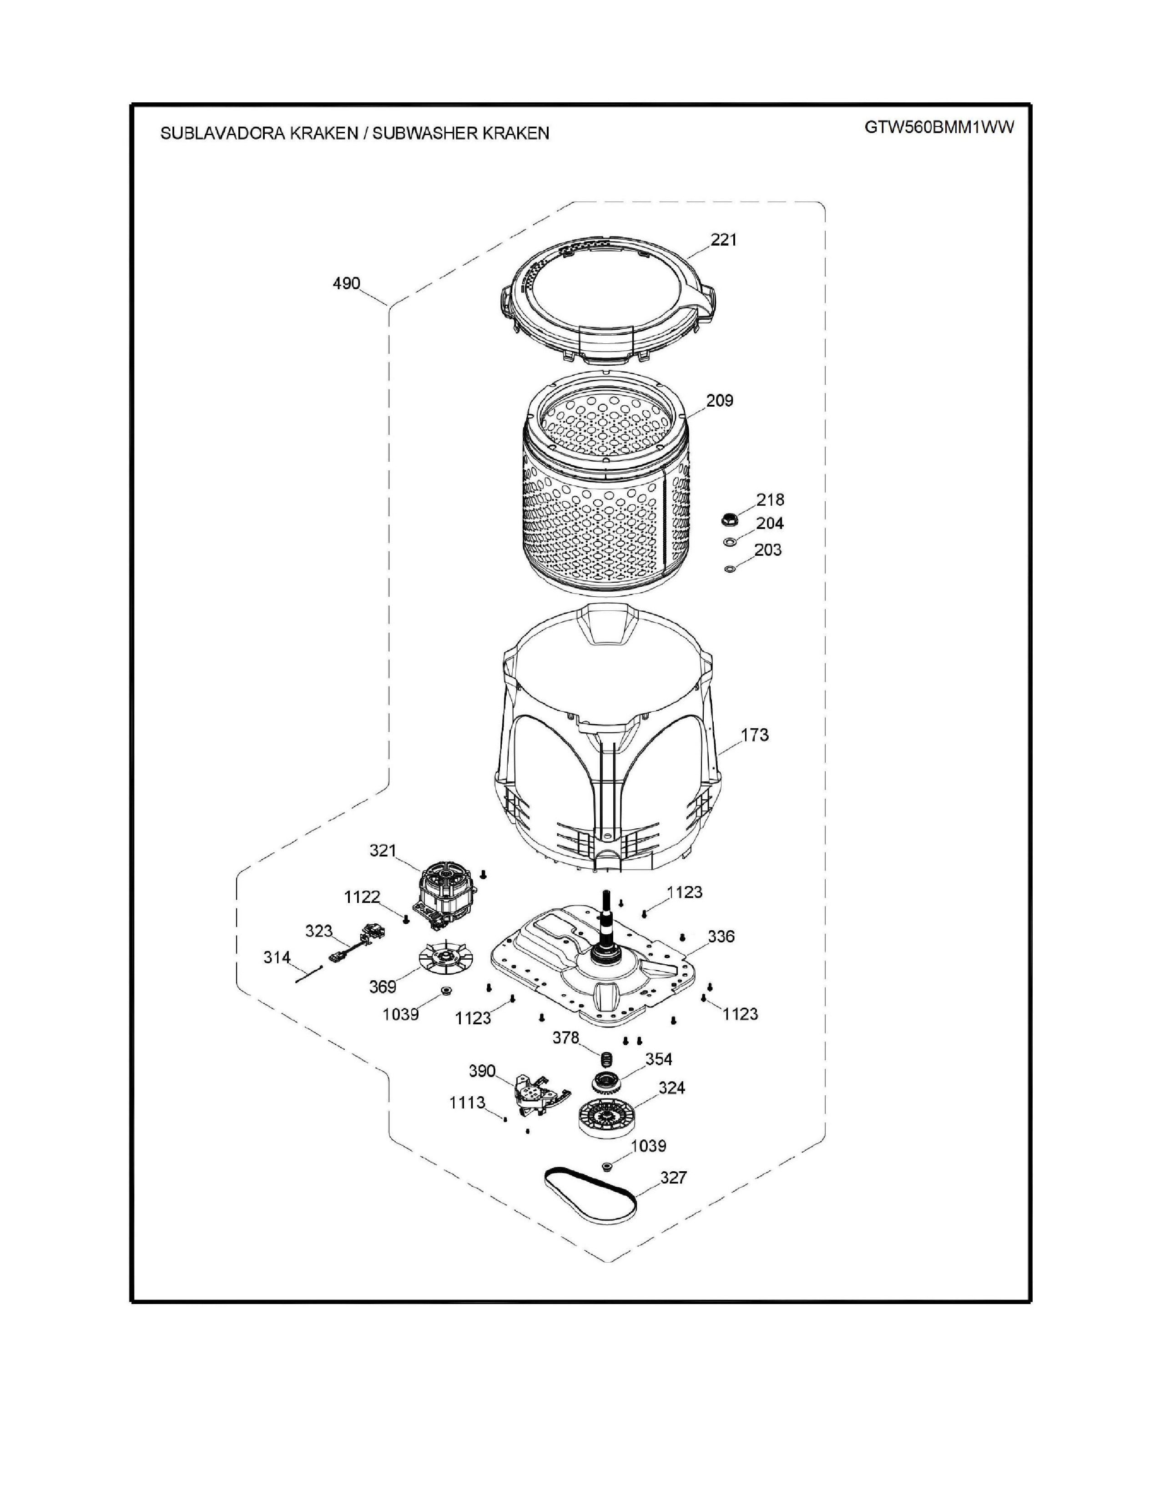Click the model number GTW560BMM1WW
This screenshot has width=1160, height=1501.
(939, 129)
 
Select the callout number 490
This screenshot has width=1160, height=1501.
(346, 283)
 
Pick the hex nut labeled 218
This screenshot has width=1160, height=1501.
(729, 519)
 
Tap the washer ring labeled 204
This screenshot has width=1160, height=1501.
(730, 543)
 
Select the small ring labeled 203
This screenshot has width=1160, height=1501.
(729, 569)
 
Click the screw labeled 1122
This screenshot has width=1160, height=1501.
(406, 919)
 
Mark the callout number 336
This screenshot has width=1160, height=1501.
(721, 936)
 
